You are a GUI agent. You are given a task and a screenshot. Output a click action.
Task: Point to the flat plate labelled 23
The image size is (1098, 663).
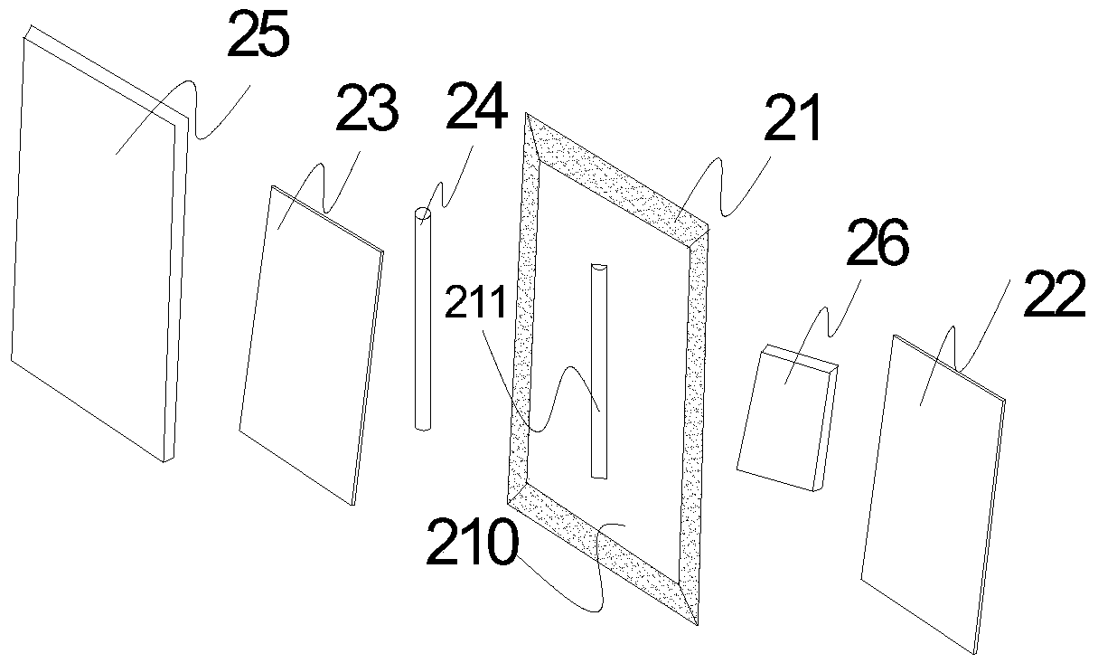point(307,344)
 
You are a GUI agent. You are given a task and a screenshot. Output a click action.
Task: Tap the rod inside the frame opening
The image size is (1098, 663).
point(599,371)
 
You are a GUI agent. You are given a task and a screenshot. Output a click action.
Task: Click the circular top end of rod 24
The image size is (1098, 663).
point(422,214)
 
